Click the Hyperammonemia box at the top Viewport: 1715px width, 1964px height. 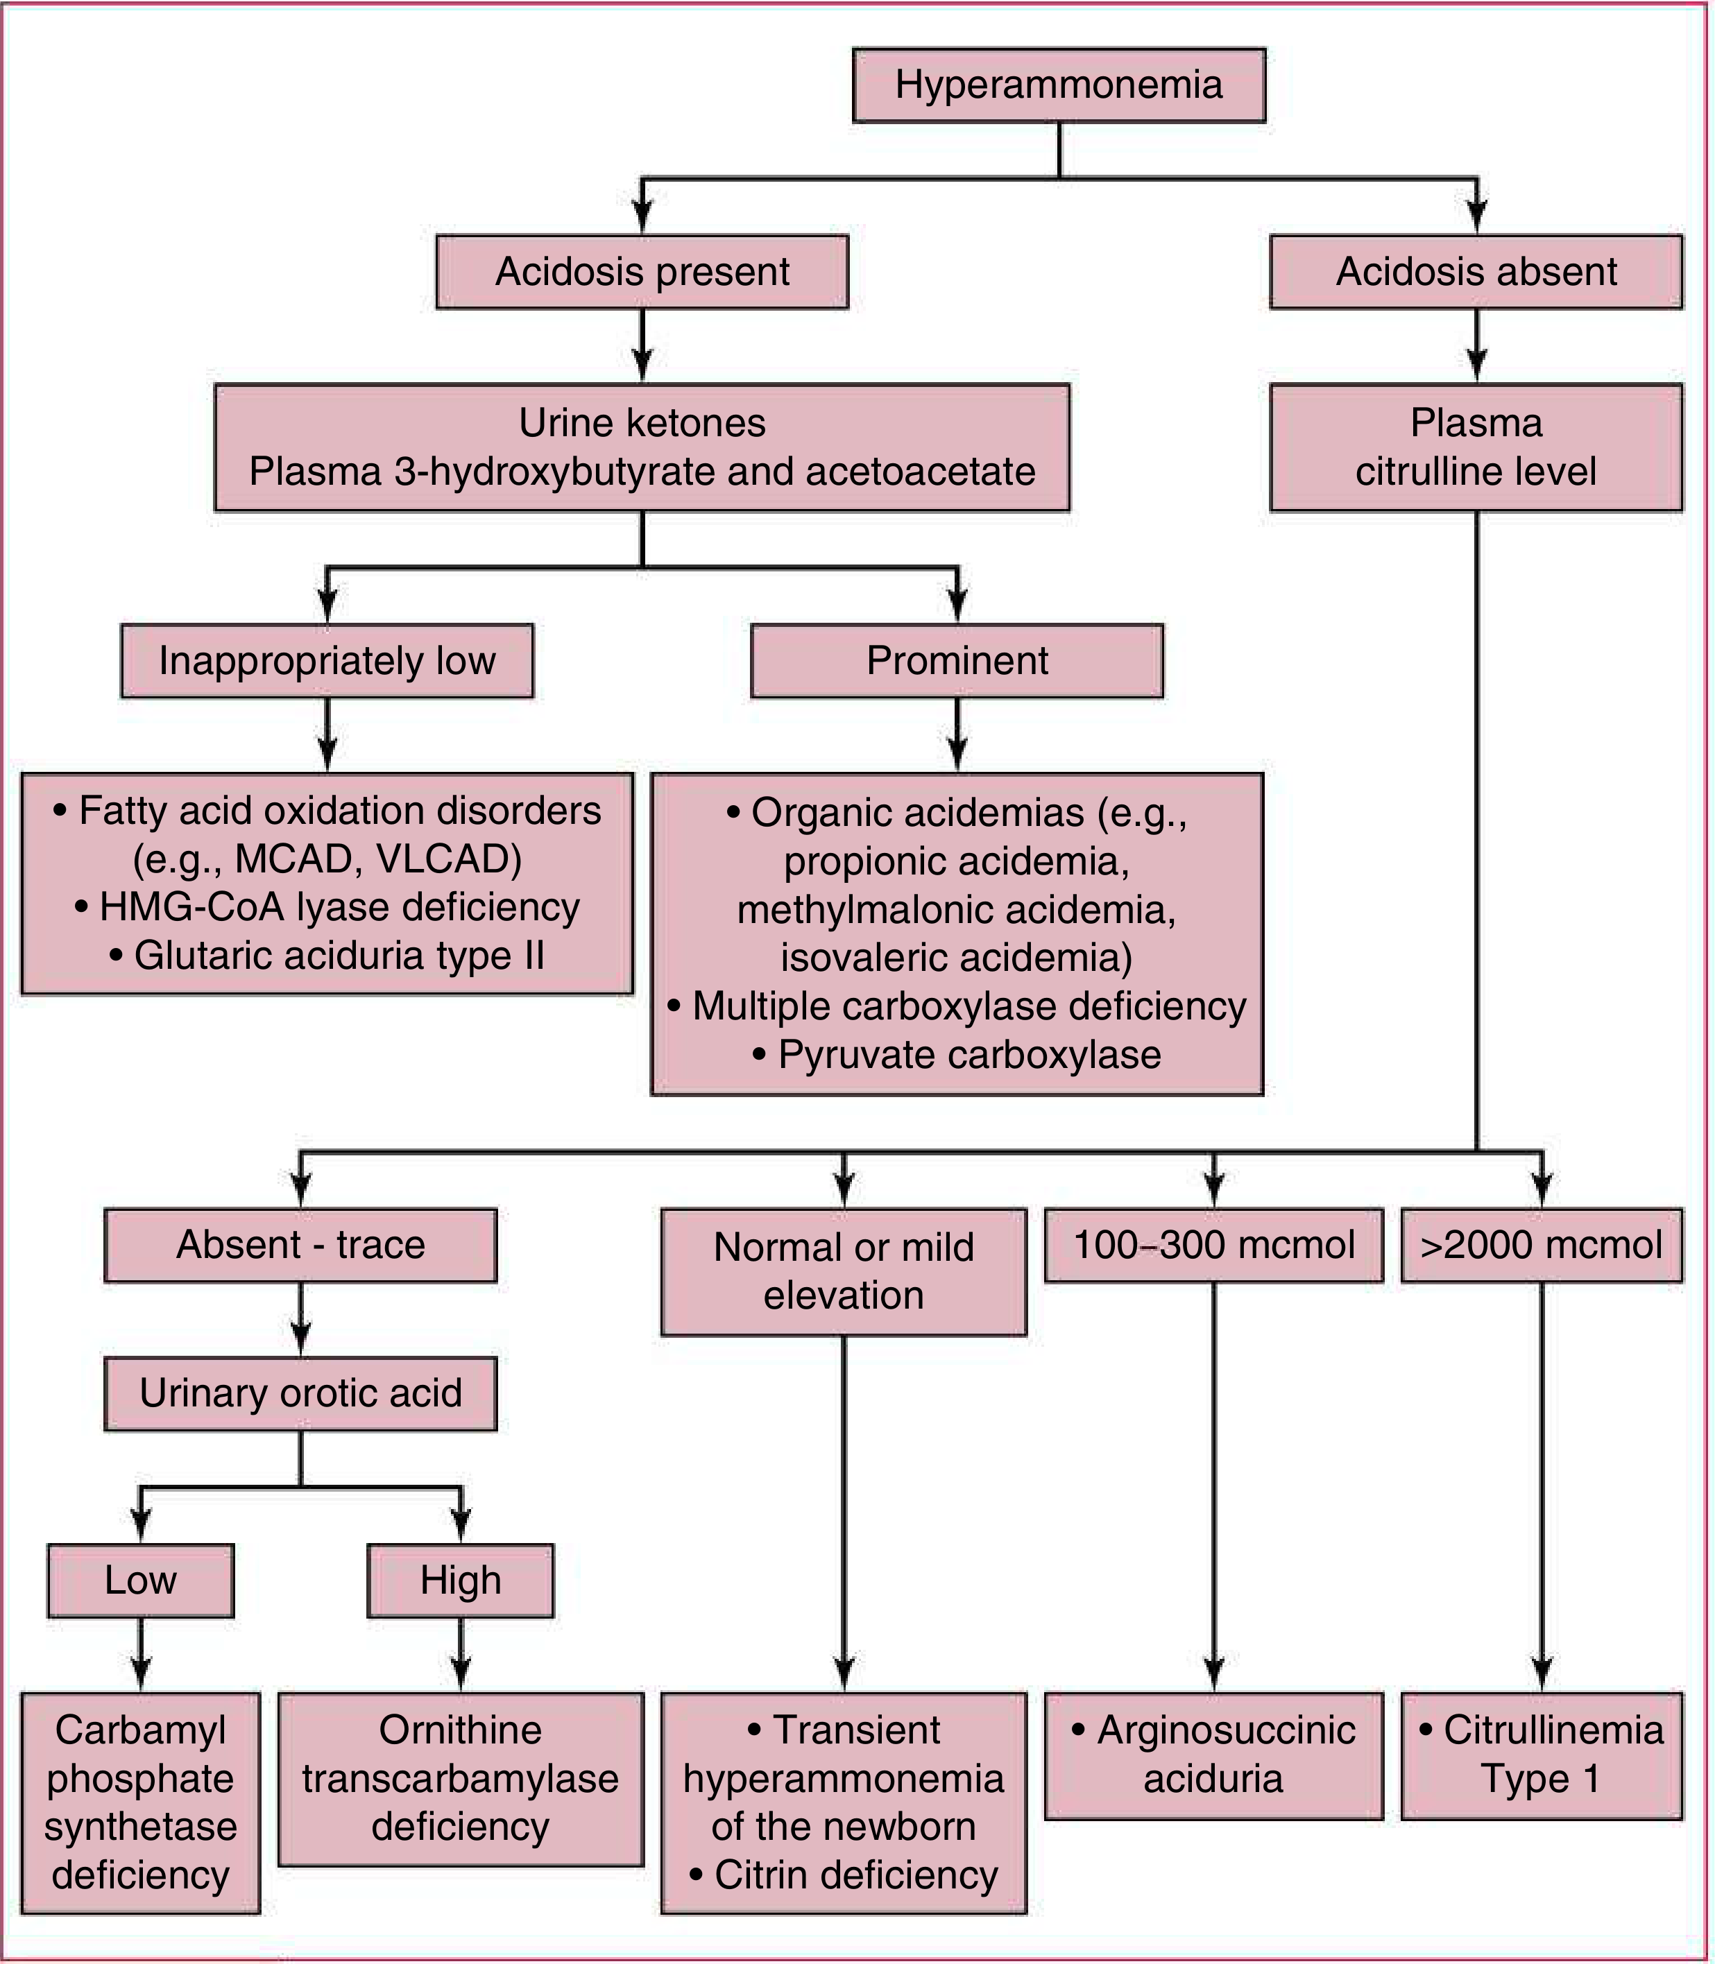point(1059,85)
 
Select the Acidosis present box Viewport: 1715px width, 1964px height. point(642,272)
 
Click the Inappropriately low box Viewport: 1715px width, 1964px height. point(327,661)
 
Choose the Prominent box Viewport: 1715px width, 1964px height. point(957,661)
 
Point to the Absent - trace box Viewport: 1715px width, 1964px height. point(300,1246)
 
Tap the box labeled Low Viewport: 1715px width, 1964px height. point(141,1580)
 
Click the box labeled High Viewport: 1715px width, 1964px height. point(461,1580)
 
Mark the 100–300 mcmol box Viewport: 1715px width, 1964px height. point(1213,1246)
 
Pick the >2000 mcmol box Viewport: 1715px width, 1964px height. point(1542,1246)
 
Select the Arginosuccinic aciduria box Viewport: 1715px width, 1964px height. point(1213,1755)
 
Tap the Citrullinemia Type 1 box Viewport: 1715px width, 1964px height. point(1542,1755)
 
